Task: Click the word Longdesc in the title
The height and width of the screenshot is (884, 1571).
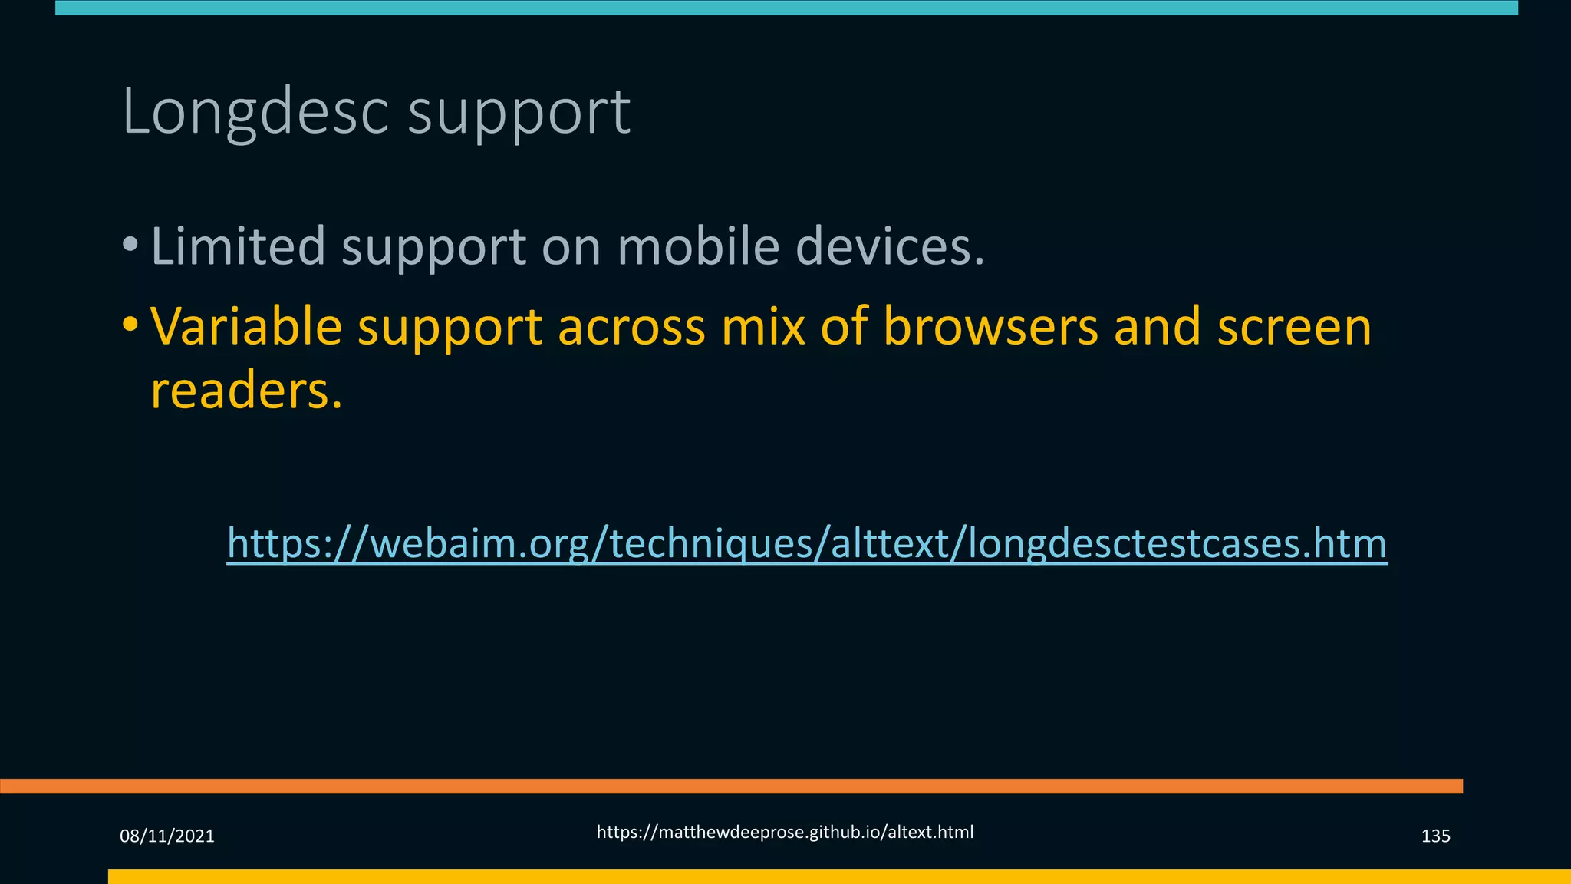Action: click(x=256, y=112)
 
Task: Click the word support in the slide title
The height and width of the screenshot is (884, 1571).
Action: click(x=519, y=112)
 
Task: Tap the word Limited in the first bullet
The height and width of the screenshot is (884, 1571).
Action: click(x=238, y=246)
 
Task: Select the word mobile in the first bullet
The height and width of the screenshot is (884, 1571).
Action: click(x=698, y=246)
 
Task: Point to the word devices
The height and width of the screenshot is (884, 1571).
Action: click(x=890, y=246)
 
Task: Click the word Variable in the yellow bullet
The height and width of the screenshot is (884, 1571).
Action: click(x=245, y=326)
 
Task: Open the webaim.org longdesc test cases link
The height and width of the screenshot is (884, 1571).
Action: click(x=807, y=543)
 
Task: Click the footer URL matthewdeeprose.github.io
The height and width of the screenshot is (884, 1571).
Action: click(x=785, y=833)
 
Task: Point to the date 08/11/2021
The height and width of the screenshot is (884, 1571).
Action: click(x=167, y=836)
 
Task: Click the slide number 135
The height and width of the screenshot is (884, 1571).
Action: click(x=1435, y=836)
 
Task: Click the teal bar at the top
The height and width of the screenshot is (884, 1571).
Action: click(x=785, y=8)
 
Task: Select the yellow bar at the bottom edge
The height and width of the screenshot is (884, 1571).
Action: click(x=839, y=876)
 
